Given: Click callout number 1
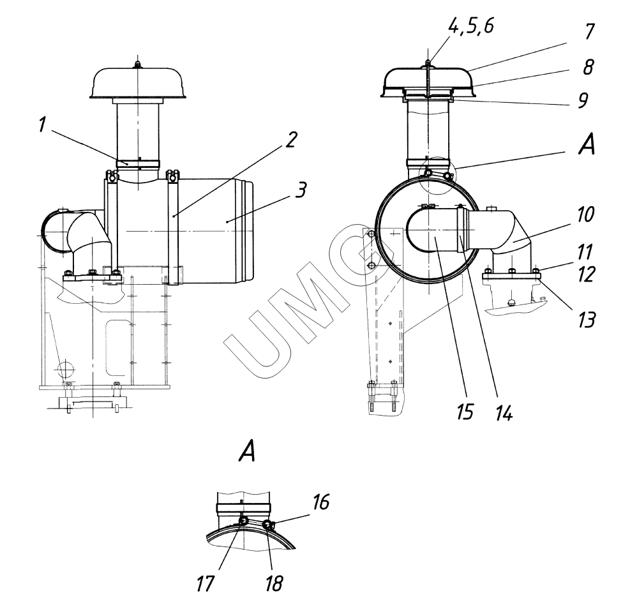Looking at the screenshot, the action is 43,125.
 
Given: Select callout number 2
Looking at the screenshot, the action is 291,140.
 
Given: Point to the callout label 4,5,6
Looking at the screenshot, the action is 471,27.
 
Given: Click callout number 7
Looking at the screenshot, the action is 589,32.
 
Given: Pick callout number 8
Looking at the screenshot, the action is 589,66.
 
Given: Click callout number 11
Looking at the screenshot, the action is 585,252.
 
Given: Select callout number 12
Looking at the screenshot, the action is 587,274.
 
